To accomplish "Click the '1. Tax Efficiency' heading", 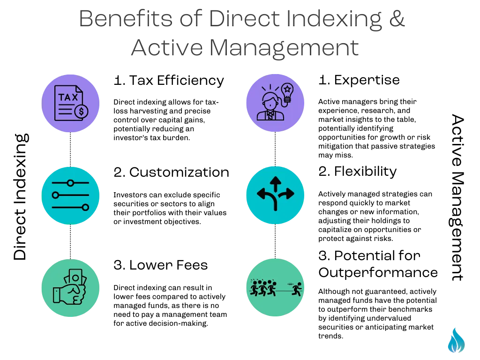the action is pyautogui.click(x=169, y=81).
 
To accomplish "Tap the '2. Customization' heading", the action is pyautogui.click(x=171, y=172).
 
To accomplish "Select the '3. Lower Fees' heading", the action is pyautogui.click(x=160, y=265).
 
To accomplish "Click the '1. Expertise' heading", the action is pyautogui.click(x=359, y=80).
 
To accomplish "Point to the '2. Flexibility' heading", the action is pyautogui.click(x=357, y=172).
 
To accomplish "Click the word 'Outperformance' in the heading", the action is pyautogui.click(x=378, y=272).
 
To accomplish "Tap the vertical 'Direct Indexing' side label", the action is pyautogui.click(x=21, y=197).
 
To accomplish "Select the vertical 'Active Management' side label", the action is pyautogui.click(x=457, y=197).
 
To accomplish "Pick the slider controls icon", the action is pyautogui.click(x=70, y=195).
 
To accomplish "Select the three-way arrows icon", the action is pyautogui.click(x=275, y=194).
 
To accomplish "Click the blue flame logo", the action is pyautogui.click(x=456, y=340).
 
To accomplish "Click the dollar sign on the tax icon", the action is pyautogui.click(x=81, y=111).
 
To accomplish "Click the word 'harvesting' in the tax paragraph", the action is pyautogui.click(x=149, y=111).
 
